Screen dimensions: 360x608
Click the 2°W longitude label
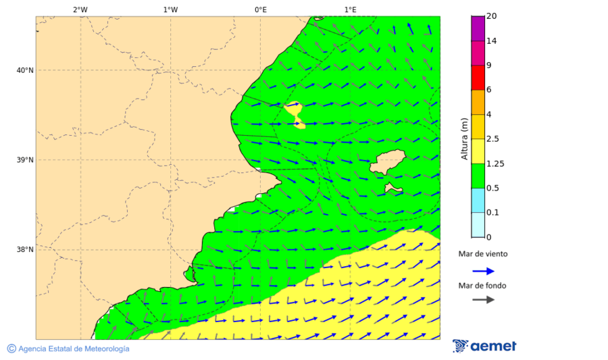pyautogui.click(x=80, y=9)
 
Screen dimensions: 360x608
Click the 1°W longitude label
pyautogui.click(x=170, y=9)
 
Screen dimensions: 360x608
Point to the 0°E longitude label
pyautogui.click(x=260, y=9)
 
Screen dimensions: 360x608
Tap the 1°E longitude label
pyautogui.click(x=350, y=9)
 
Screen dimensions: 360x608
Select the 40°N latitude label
pyautogui.click(x=24, y=70)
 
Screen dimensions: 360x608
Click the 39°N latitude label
pyautogui.click(x=24, y=160)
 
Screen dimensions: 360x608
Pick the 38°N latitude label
pyautogui.click(x=24, y=250)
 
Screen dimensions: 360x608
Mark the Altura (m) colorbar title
pyautogui.click(x=464, y=138)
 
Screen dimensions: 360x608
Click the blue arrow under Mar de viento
pyautogui.click(x=483, y=271)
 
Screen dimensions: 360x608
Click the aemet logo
pyautogui.click(x=484, y=346)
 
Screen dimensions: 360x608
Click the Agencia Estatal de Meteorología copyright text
pyautogui.click(x=68, y=349)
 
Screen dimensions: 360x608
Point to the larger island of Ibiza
pyautogui.click(x=387, y=162)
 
